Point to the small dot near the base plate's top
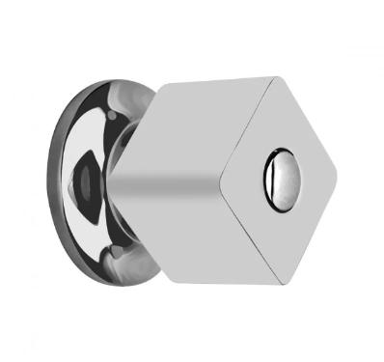(112, 115)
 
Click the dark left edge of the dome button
(265, 179)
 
